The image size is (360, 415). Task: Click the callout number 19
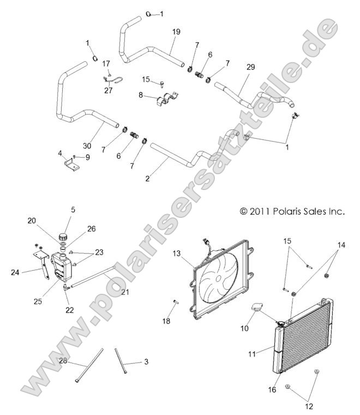(x=176, y=32)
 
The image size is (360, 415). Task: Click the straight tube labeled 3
(x=121, y=360)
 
